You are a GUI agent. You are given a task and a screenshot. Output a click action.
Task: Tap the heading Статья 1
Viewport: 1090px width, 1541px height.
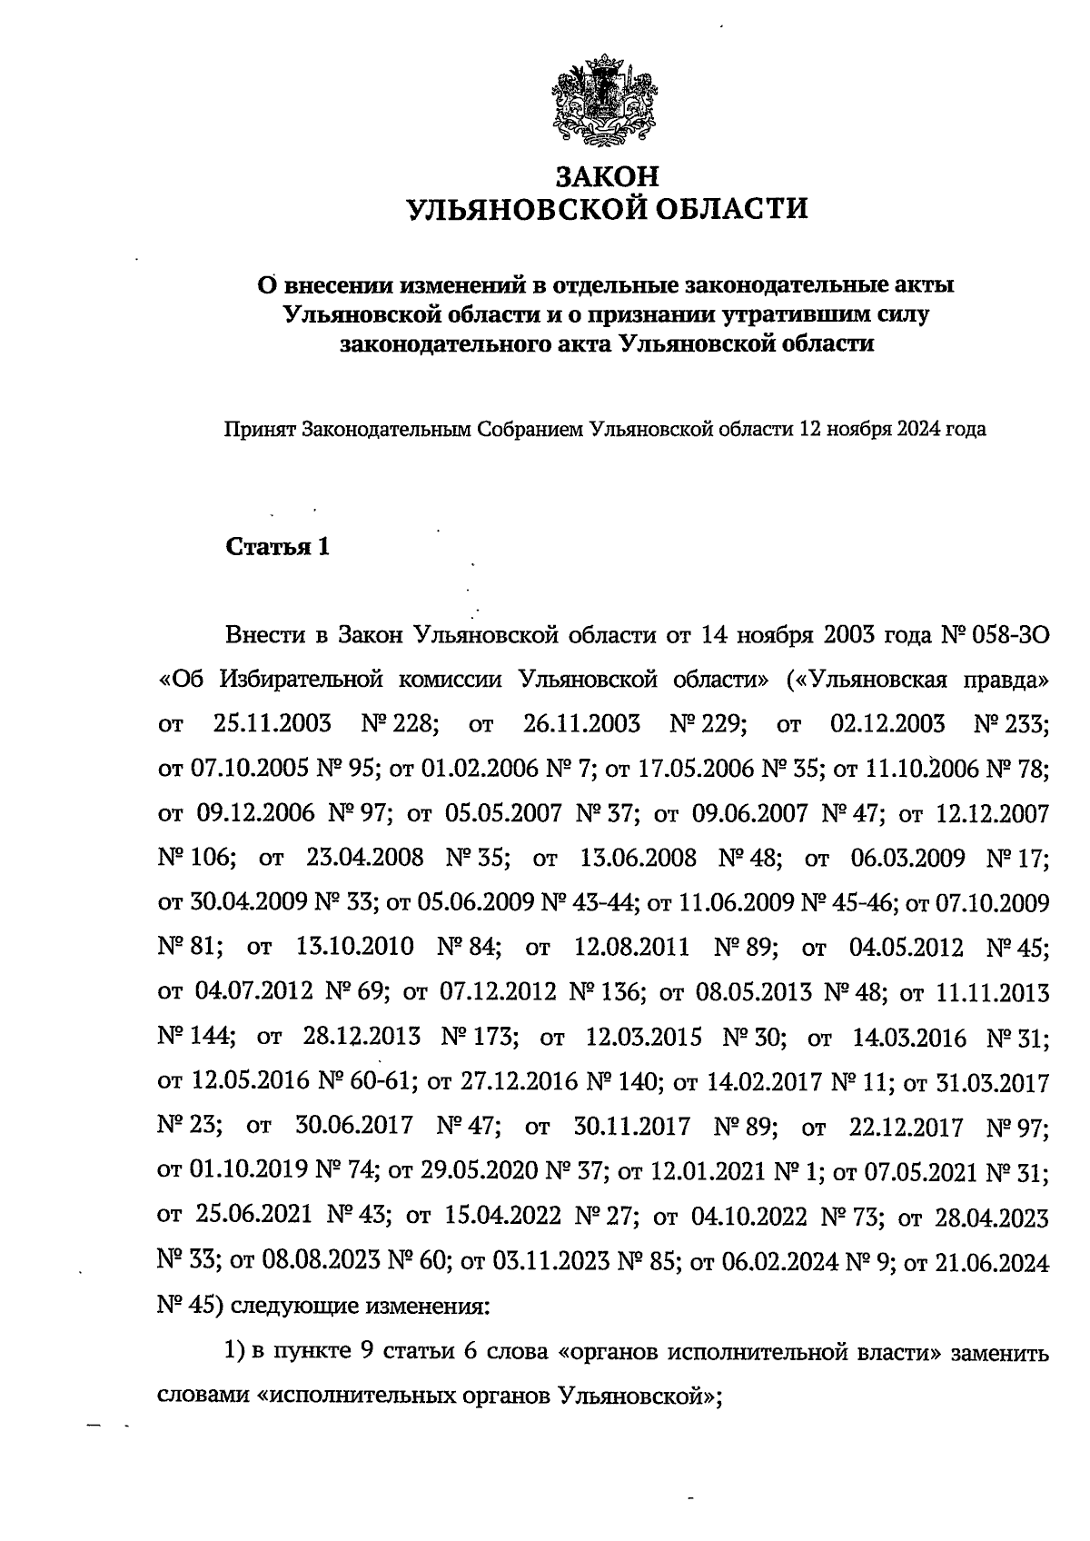point(277,547)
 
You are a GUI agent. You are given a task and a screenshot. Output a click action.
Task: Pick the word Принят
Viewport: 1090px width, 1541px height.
point(262,429)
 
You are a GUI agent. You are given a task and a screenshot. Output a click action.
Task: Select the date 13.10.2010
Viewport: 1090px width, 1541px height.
point(355,947)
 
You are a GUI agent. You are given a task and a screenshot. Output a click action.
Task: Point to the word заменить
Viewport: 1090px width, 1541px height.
point(1000,1352)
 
